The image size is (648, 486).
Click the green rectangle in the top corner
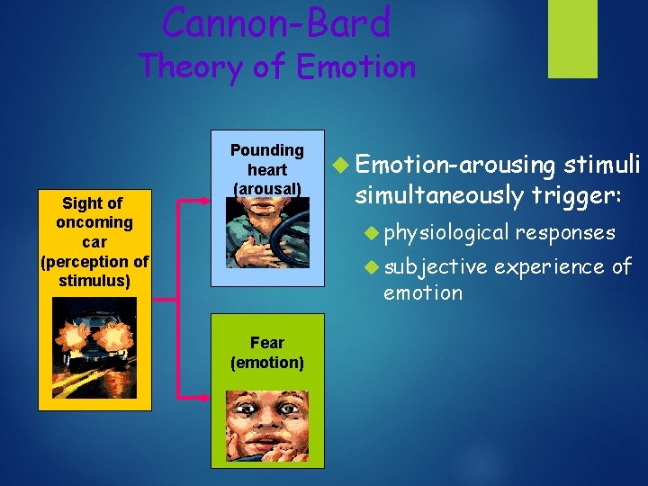click(x=572, y=38)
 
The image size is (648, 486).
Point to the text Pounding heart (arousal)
click(x=266, y=169)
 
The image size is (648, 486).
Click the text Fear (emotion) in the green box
click(x=266, y=353)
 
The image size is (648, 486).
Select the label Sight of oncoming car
click(x=94, y=241)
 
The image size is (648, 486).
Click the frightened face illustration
click(x=266, y=426)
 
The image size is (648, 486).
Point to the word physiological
click(x=445, y=233)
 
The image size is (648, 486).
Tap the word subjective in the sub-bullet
click(x=436, y=266)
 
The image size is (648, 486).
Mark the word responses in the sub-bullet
click(x=565, y=233)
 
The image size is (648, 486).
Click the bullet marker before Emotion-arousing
click(x=339, y=165)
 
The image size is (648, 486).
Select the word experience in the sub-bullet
click(x=550, y=266)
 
